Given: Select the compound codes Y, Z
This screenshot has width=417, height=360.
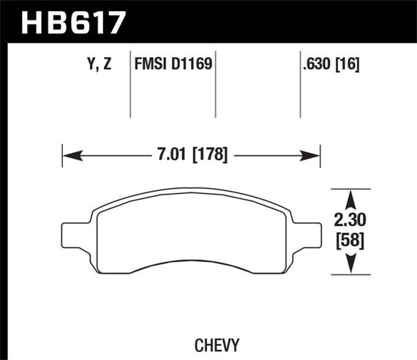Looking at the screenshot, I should (101, 64).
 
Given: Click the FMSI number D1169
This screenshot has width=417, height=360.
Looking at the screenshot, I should (192, 64).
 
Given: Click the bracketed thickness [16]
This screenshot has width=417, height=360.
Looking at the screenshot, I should (350, 64).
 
